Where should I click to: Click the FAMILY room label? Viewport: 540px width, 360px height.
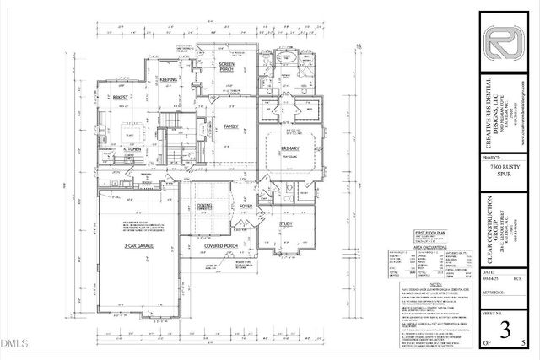(229, 126)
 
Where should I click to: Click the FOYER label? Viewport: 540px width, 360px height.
(246, 205)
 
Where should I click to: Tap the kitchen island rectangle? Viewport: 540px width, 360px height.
(132, 132)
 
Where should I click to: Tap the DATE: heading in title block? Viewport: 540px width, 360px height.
(489, 272)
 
